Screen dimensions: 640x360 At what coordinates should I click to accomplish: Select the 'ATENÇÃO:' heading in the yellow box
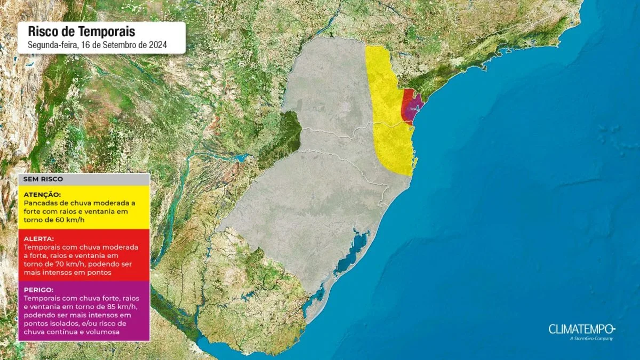pyautogui.click(x=43, y=195)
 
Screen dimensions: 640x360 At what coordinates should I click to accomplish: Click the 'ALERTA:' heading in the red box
pyautogui.click(x=38, y=239)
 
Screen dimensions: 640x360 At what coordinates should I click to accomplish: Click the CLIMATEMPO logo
pyautogui.click(x=582, y=329)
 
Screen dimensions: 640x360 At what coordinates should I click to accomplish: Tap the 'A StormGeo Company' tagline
pyautogui.click(x=591, y=339)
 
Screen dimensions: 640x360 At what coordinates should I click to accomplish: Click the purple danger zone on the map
pyautogui.click(x=411, y=109)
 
